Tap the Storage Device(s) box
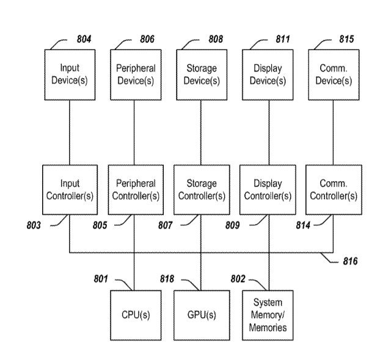tap(201, 74)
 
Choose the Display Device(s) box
tap(267, 74)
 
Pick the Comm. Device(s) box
tap(333, 74)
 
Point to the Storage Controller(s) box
tap(201, 189)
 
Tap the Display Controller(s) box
tap(267, 189)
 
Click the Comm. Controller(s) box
tap(333, 189)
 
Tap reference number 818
tap(167, 279)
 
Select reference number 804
tap(84, 39)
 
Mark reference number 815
tap(346, 39)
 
